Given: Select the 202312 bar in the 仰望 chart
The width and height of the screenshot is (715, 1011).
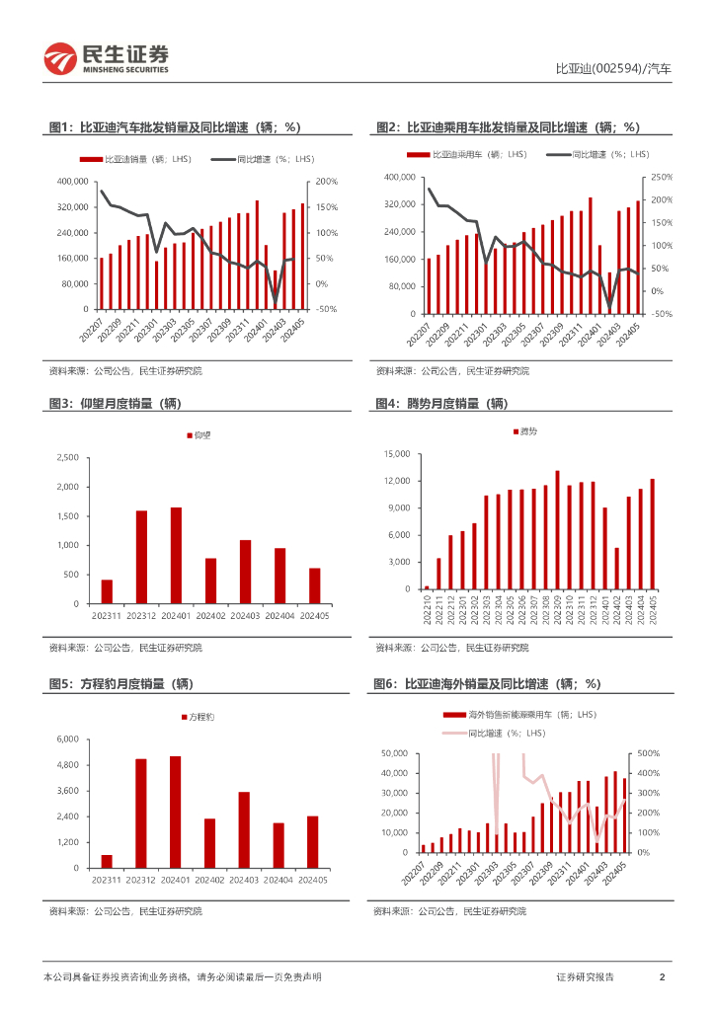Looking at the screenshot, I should click(141, 556).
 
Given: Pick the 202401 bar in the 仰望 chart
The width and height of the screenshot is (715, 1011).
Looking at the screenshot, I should click(176, 555).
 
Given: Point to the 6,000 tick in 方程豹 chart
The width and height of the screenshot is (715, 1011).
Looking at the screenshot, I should click(67, 739).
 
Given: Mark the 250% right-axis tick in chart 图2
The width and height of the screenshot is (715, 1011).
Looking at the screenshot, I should click(664, 178).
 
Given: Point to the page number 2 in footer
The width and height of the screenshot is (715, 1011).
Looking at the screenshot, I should click(662, 976).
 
